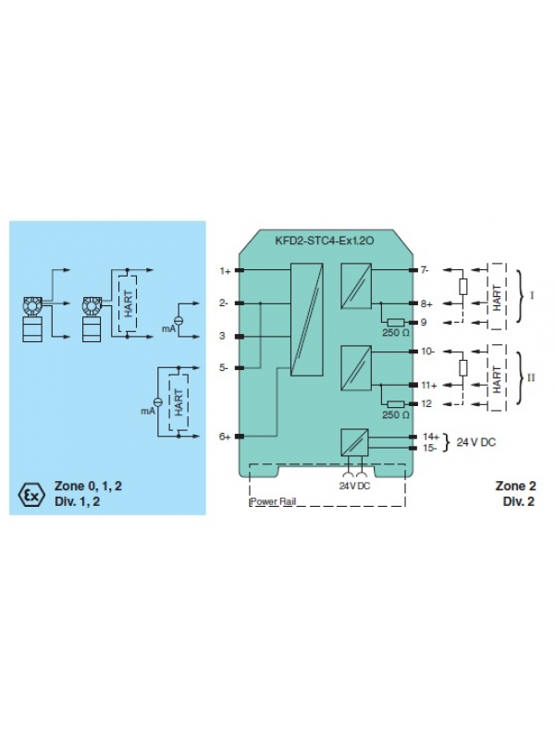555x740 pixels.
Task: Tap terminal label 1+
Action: tap(225, 271)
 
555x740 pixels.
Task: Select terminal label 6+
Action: tap(225, 437)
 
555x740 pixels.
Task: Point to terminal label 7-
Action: tap(425, 271)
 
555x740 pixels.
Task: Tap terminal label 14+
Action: tap(429, 436)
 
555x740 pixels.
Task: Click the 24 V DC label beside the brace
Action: tap(476, 442)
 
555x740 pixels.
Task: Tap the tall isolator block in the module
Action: tap(306, 319)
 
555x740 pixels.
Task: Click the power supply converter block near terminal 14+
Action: tap(354, 443)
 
